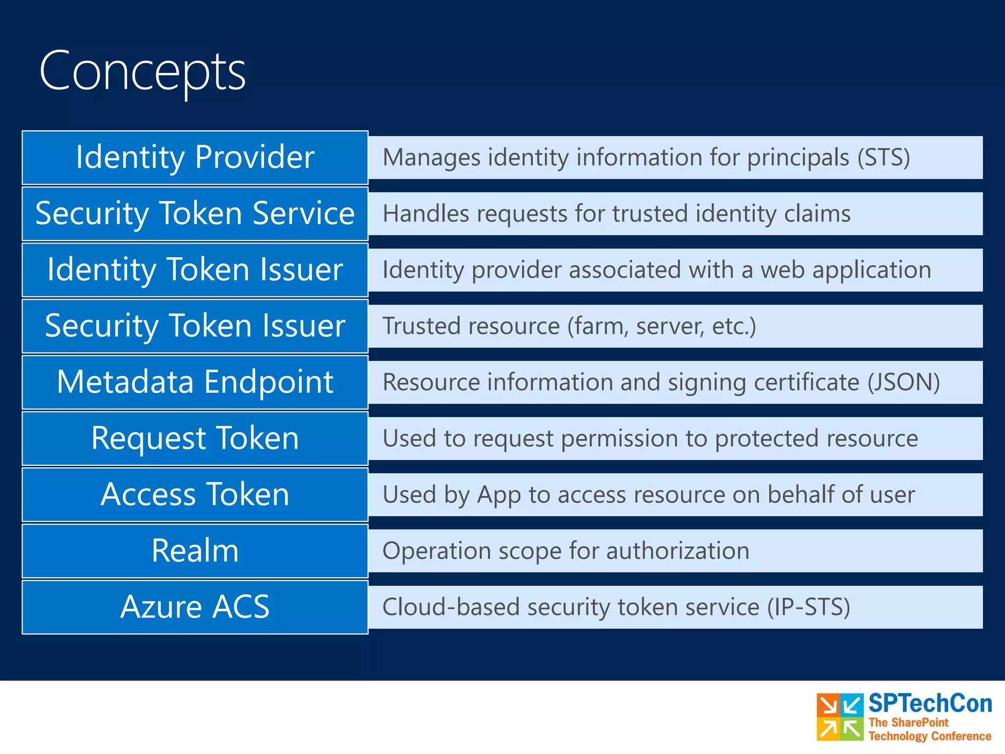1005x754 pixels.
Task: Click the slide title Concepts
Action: [142, 72]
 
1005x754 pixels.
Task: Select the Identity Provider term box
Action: [195, 158]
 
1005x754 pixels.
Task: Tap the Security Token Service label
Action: [195, 214]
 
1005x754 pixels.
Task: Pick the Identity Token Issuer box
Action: [195, 270]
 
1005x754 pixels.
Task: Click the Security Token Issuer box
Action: [195, 326]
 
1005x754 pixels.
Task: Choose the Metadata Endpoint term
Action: [195, 382]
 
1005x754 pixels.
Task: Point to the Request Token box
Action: [195, 438]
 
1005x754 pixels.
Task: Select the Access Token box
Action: [195, 495]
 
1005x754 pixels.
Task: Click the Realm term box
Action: [195, 551]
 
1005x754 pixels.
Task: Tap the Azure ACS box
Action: [195, 607]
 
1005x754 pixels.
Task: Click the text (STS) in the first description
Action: [883, 158]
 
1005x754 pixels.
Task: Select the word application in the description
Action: [872, 270]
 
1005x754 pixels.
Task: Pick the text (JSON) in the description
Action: [903, 382]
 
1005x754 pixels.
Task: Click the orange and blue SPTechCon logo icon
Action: [840, 717]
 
